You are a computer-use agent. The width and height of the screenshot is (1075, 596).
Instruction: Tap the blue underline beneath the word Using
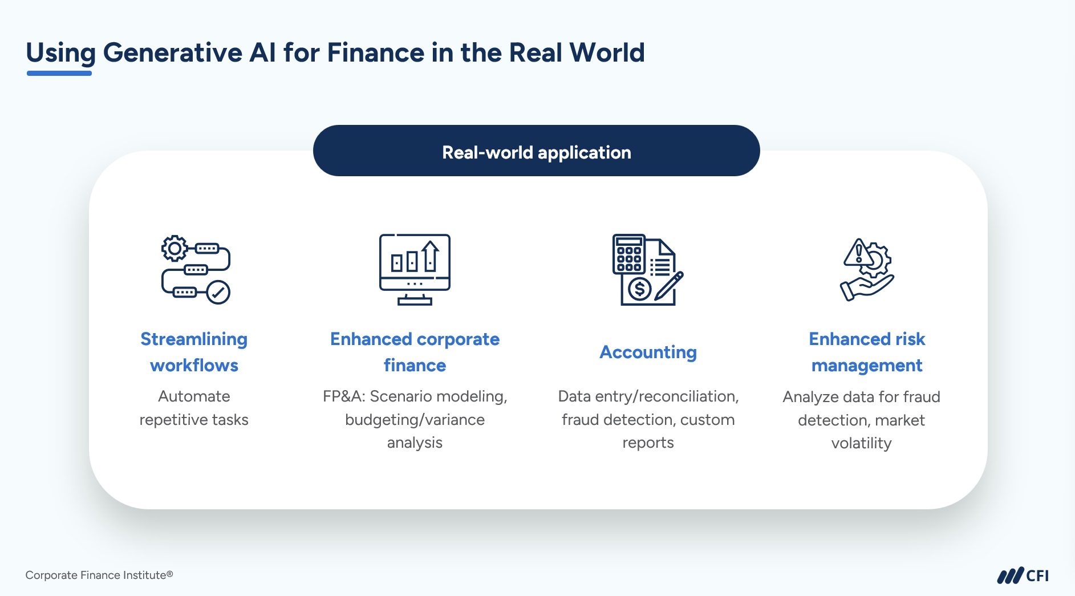coord(59,73)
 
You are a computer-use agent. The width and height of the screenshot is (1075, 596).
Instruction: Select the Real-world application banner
coord(536,151)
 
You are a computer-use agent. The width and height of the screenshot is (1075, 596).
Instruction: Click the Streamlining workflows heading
coord(194,352)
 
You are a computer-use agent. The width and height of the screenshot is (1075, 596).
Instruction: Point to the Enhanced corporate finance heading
coord(415,352)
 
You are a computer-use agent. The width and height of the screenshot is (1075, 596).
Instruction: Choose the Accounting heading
coord(648,352)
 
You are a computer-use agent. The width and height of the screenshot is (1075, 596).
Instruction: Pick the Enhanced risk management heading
coord(867,352)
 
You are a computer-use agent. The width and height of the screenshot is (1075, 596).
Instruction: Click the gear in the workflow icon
coord(175,248)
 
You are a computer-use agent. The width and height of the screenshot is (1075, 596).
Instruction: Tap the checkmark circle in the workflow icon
coord(218,293)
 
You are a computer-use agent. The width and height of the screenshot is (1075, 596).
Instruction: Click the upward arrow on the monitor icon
coord(431,256)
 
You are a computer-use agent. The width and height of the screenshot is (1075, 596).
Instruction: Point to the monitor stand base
coord(415,302)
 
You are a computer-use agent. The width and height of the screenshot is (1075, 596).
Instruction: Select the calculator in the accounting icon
coord(629,254)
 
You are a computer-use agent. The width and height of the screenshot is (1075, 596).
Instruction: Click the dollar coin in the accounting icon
coord(640,289)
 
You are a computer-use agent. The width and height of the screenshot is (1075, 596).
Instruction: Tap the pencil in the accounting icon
coord(669,286)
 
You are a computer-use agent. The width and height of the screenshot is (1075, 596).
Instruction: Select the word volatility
coord(861,443)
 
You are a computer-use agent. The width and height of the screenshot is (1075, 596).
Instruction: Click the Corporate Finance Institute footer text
coord(99,575)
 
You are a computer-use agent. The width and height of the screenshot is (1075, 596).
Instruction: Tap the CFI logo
coord(1023,575)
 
